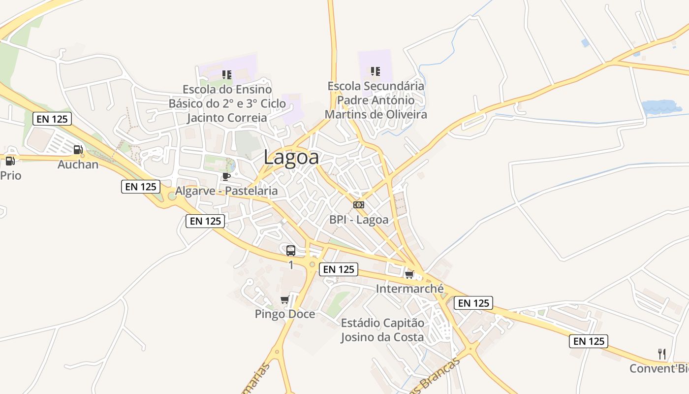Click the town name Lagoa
[291, 158]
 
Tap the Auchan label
[78, 164]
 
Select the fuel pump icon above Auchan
[78, 150]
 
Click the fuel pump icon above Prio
[9, 161]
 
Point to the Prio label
[11, 175]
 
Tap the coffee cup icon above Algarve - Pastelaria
[226, 176]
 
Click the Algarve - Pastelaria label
[226, 191]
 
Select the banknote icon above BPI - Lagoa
[359, 205]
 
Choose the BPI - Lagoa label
[359, 220]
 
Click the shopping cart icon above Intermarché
[409, 274]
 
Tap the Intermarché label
[409, 289]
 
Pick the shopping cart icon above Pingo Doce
[284, 299]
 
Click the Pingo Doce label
[285, 314]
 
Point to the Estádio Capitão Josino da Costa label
[382, 330]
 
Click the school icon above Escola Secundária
[376, 71]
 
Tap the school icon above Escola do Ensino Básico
[227, 75]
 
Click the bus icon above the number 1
[291, 251]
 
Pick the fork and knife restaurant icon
[662, 354]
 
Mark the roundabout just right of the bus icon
[312, 264]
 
